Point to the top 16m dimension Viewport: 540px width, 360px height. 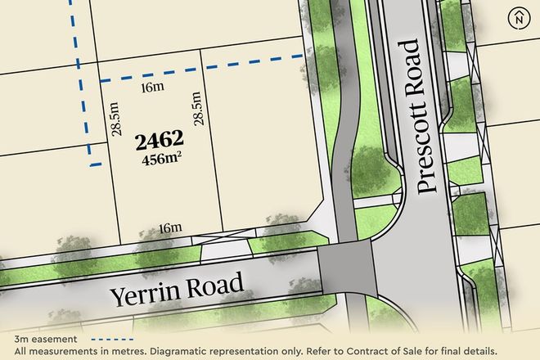coord(148,87)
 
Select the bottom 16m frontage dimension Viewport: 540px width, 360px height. coord(169,227)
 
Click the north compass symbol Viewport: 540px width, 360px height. coord(519,18)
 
